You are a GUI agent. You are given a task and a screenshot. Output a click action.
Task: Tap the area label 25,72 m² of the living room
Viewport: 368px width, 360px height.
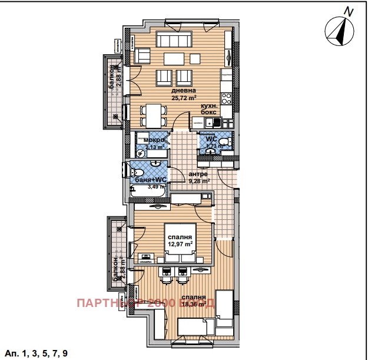tap(184, 98)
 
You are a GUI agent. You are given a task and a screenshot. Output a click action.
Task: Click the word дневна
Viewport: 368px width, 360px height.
tap(184, 91)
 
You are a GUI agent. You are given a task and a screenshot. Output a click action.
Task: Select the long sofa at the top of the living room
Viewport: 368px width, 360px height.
tap(174, 39)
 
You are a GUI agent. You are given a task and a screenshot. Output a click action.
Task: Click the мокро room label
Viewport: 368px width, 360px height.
tap(154, 140)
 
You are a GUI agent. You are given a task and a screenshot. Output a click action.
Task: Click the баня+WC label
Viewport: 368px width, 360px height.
tap(150, 179)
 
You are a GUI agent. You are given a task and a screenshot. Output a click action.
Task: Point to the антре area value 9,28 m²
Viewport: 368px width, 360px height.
tap(199, 181)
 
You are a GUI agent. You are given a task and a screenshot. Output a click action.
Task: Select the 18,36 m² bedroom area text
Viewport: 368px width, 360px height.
tap(193, 305)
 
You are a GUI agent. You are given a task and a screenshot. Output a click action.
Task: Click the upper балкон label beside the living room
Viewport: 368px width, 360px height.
tap(112, 83)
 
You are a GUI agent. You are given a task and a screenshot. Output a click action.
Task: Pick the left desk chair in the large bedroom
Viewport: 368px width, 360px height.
tap(167, 272)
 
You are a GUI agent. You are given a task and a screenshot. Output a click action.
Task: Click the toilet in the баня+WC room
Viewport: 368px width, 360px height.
tap(132, 171)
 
